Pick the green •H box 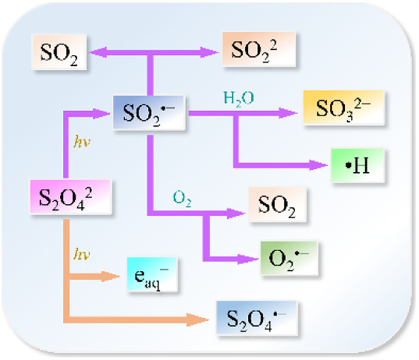357,164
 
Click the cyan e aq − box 152,276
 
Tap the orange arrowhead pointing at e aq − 111,276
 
